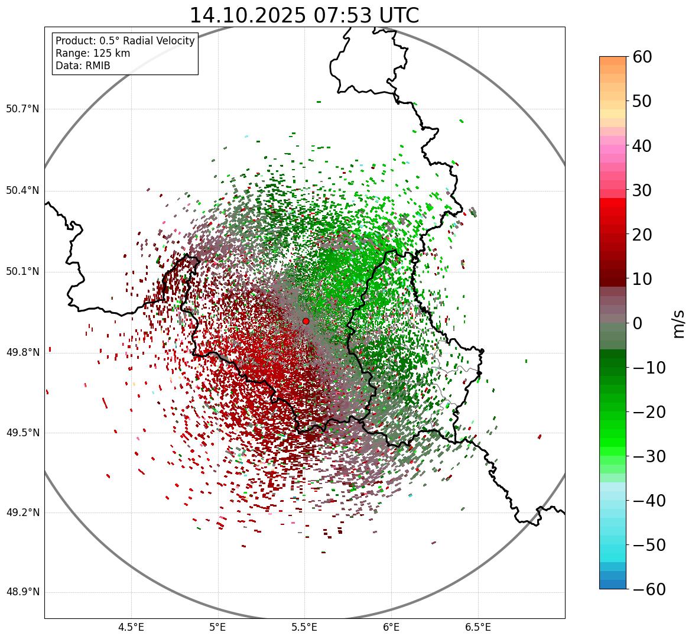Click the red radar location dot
click(x=306, y=321)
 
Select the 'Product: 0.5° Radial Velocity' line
click(x=125, y=41)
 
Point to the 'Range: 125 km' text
click(x=93, y=53)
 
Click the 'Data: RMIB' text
click(x=83, y=66)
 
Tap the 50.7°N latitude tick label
click(x=22, y=109)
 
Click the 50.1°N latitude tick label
click(x=22, y=272)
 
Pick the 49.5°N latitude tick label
click(x=22, y=433)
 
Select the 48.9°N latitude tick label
click(x=22, y=592)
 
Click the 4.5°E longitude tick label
click(x=131, y=627)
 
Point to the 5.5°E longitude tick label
click(x=304, y=627)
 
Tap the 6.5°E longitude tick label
click(x=477, y=627)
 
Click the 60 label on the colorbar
click(x=642, y=57)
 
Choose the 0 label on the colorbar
click(x=637, y=323)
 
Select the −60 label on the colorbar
click(x=649, y=589)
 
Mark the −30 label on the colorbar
click(x=649, y=456)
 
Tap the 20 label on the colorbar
click(x=642, y=235)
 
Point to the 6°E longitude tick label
click(x=391, y=627)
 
